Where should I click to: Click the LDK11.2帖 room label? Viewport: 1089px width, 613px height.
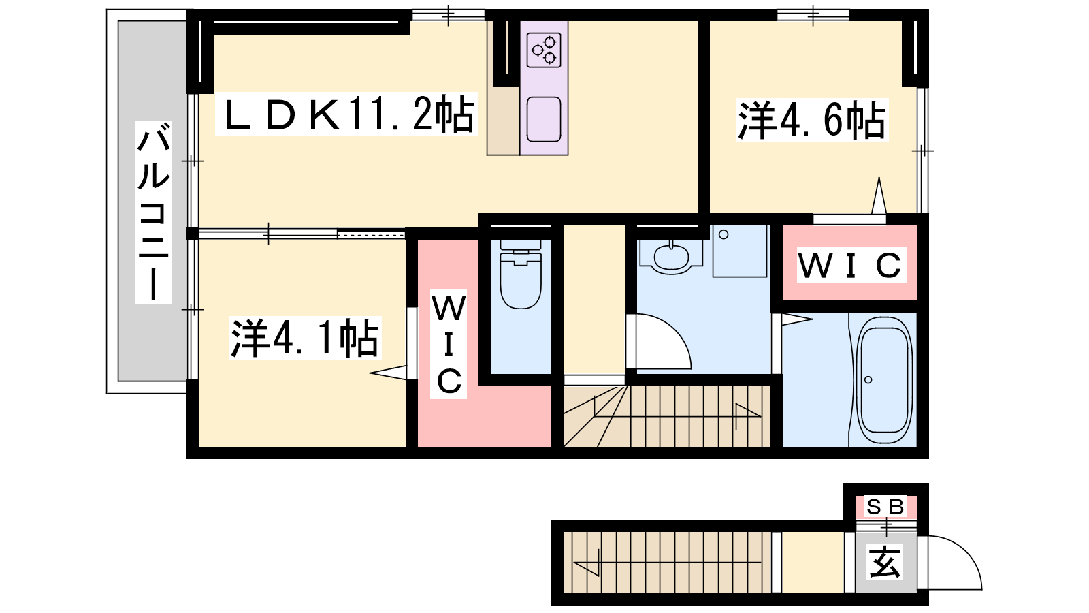(346, 114)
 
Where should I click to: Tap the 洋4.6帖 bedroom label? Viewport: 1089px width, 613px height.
(812, 120)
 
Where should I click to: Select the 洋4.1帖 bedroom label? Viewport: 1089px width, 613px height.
(305, 338)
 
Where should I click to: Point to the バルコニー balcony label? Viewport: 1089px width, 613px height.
(153, 213)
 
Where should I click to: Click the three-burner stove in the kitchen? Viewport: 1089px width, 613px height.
(544, 50)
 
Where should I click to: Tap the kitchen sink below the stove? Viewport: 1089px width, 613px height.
(544, 120)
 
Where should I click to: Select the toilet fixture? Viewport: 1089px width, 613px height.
(521, 275)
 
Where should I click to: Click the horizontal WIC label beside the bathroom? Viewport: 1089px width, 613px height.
(851, 265)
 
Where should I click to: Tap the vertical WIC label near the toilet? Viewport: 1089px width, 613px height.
(449, 345)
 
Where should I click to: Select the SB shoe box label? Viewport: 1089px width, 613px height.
(885, 507)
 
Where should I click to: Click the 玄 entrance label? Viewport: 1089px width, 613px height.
(885, 562)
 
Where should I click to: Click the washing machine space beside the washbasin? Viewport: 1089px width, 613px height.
(739, 251)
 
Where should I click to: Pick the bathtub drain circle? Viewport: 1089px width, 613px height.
(868, 379)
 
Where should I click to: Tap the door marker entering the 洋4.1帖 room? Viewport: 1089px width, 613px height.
(389, 373)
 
